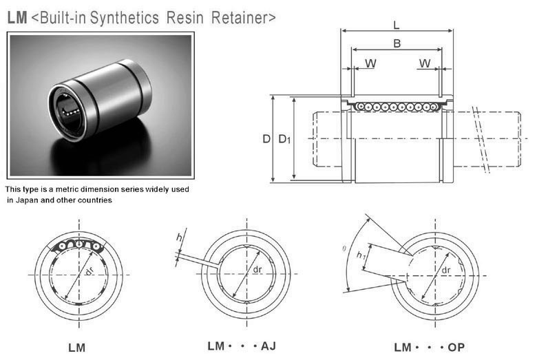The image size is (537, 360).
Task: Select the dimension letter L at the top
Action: (396, 25)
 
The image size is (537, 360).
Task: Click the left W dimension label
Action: (370, 64)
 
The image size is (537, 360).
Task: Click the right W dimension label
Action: (425, 64)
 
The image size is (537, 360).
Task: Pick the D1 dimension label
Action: (284, 140)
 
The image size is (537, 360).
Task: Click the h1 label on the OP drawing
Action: (362, 256)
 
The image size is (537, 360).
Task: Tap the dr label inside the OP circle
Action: (447, 271)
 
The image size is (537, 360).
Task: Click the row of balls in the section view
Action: (396, 107)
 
